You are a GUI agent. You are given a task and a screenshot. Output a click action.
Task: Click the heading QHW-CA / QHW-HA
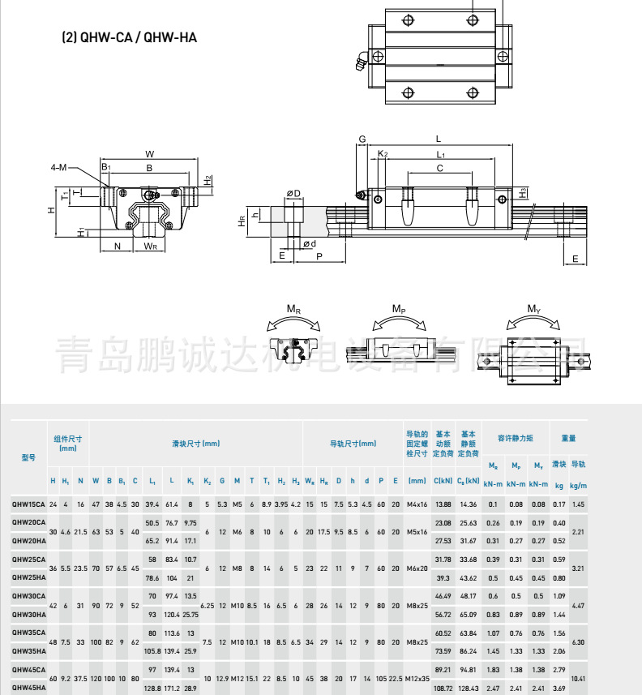tap(130, 37)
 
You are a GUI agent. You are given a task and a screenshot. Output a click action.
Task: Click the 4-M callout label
tap(59, 168)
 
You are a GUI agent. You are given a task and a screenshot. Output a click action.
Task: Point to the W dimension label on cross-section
tap(150, 154)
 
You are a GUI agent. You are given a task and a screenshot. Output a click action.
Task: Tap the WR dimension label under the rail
tap(151, 246)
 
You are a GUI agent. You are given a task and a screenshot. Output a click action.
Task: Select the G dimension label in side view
tap(362, 139)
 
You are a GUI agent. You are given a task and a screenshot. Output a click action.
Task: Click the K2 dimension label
tap(383, 153)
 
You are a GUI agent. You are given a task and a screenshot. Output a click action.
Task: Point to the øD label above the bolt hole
tap(293, 193)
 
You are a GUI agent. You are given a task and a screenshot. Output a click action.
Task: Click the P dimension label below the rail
tap(319, 255)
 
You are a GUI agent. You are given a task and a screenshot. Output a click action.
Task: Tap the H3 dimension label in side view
tap(523, 192)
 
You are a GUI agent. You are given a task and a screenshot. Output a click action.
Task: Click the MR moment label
tap(293, 310)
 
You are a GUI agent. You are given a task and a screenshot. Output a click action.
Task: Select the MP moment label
tap(398, 310)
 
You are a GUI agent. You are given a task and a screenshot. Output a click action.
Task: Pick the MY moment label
tap(533, 310)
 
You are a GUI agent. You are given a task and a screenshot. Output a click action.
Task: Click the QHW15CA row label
tap(28, 504)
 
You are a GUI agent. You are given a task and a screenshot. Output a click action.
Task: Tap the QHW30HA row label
tap(28, 615)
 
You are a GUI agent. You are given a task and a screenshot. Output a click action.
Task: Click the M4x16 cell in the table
tap(417, 504)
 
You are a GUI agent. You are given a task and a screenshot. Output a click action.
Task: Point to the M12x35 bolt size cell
tap(417, 678)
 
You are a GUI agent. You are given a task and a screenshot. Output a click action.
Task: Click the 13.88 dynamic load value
tap(443, 504)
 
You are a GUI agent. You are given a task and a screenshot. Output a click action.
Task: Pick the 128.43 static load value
tap(468, 688)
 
